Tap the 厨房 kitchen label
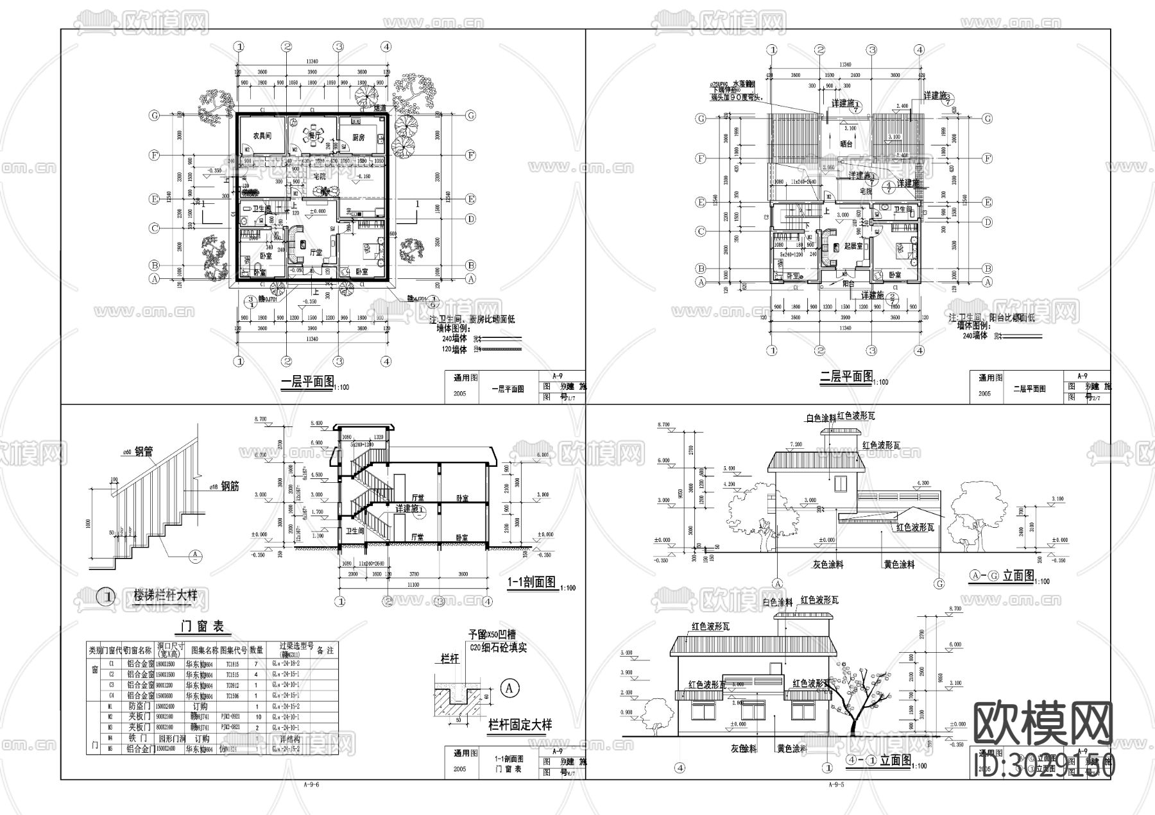click(x=358, y=137)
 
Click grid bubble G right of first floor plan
click(x=471, y=115)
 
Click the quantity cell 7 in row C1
click(x=256, y=665)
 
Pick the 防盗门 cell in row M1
click(x=141, y=706)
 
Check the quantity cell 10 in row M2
click(x=256, y=716)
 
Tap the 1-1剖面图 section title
click(x=531, y=582)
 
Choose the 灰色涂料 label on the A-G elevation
click(x=826, y=565)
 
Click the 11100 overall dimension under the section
click(x=413, y=585)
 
